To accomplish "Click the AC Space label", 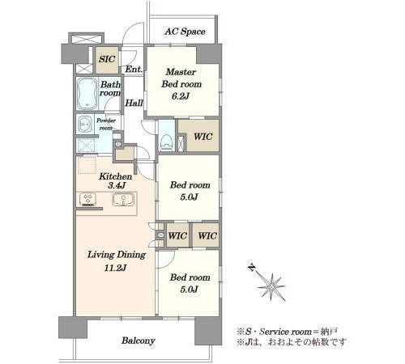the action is (185, 32).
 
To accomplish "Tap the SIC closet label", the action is (107, 59).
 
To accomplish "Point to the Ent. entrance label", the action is (134, 69).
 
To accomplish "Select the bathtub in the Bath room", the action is (87, 93).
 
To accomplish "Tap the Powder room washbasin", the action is (85, 125).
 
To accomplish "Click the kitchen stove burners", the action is (87, 200).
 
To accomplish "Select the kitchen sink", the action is (123, 200).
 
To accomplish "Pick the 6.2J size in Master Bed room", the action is (181, 96).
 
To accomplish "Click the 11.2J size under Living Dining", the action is (115, 268).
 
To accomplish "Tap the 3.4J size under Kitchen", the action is (117, 185).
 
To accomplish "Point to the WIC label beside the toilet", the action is (203, 137).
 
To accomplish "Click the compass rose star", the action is (271, 287).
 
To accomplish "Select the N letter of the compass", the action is (251, 267).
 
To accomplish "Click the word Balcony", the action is (139, 341).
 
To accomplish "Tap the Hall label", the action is (134, 103).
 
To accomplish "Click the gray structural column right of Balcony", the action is (208, 331).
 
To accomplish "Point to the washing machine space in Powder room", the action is (86, 146).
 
